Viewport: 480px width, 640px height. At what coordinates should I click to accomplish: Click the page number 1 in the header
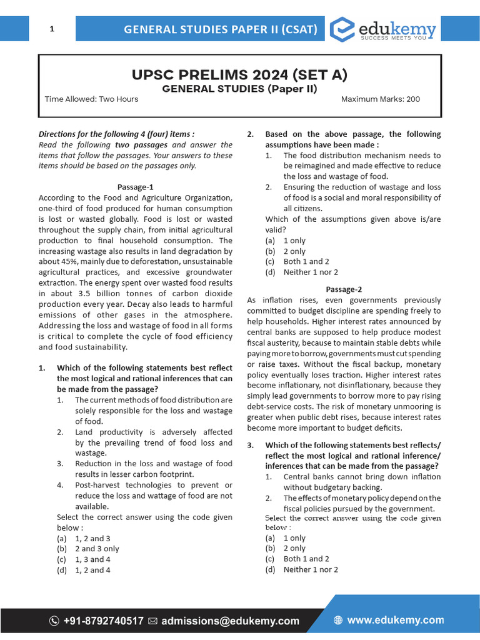pyautogui.click(x=52, y=29)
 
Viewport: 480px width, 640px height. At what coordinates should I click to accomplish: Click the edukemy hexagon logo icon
pyautogui.click(x=342, y=29)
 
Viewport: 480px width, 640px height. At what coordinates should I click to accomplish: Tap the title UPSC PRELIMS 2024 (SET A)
pyautogui.click(x=239, y=75)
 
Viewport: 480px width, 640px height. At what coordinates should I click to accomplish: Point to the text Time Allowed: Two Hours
pyautogui.click(x=91, y=99)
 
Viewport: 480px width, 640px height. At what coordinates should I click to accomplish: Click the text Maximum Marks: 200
pyautogui.click(x=381, y=99)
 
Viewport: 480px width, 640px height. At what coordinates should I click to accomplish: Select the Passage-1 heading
pyautogui.click(x=136, y=187)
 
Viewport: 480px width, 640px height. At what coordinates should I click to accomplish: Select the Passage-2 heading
pyautogui.click(x=344, y=289)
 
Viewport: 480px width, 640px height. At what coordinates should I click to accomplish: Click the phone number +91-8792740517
pyautogui.click(x=103, y=621)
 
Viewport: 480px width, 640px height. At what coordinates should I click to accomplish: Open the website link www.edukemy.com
pyautogui.click(x=395, y=620)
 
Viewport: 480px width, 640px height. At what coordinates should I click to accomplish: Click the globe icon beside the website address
pyautogui.click(x=338, y=621)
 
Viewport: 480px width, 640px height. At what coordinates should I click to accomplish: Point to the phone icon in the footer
pyautogui.click(x=54, y=621)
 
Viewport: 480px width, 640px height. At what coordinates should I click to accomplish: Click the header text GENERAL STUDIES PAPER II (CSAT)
pyautogui.click(x=221, y=29)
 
